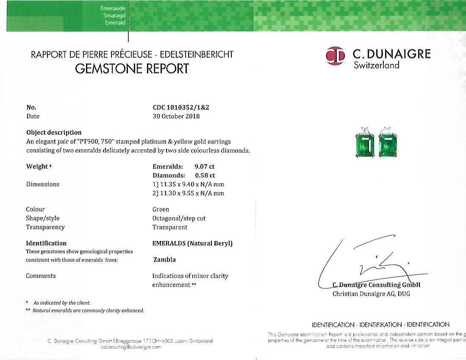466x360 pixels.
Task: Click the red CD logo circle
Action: (x=336, y=56)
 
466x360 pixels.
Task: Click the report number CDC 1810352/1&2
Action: (x=181, y=107)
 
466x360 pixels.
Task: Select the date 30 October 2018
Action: (x=176, y=116)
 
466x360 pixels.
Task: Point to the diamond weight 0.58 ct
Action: (x=205, y=175)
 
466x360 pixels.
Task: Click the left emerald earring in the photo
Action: (x=365, y=144)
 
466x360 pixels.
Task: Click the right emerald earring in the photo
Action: (x=388, y=144)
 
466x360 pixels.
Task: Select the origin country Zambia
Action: (x=164, y=260)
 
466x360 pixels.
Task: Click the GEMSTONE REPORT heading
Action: (x=132, y=69)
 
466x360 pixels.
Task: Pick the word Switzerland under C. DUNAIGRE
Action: (x=376, y=65)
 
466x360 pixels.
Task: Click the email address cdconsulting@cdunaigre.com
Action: (x=131, y=347)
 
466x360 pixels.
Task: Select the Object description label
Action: (x=54, y=132)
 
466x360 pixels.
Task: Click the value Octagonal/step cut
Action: (x=179, y=218)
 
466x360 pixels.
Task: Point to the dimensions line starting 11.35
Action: (x=188, y=184)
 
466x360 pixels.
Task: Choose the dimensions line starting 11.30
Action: (x=188, y=193)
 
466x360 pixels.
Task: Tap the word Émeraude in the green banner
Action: (x=113, y=8)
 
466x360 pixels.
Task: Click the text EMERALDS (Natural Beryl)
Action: (x=192, y=243)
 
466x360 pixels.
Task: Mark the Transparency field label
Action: (x=45, y=227)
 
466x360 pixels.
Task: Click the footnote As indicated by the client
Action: (x=62, y=303)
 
